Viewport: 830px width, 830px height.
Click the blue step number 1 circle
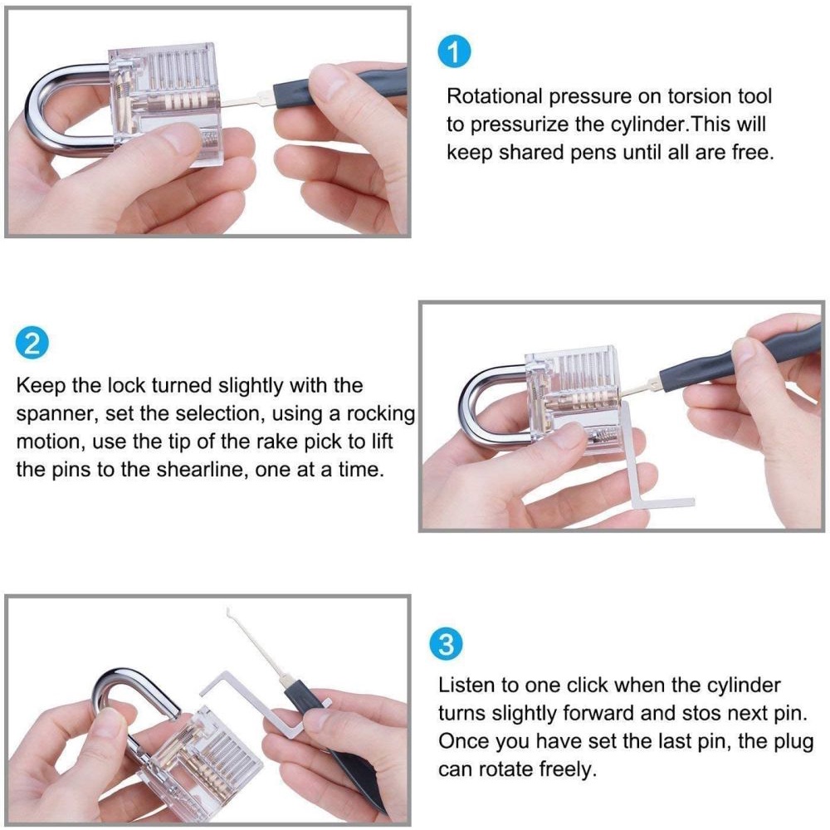click(x=454, y=52)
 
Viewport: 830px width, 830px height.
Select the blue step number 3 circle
click(x=447, y=644)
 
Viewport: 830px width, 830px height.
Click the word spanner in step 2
click(x=56, y=415)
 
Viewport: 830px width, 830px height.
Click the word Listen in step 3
click(x=466, y=685)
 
